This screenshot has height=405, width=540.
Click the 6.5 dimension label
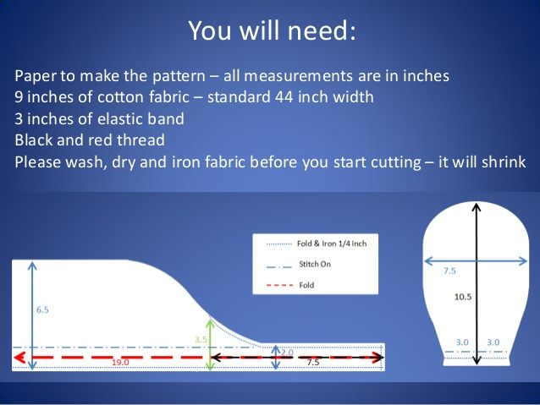pos(42,309)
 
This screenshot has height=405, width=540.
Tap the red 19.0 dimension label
pos(120,363)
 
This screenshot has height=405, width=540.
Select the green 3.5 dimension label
pos(201,340)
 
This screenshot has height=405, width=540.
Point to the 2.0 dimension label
pos(287,353)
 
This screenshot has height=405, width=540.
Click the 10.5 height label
pos(463,297)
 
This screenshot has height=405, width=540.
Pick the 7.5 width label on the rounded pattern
pos(449,271)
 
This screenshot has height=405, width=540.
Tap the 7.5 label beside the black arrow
pos(313,363)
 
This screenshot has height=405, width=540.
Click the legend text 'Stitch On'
pos(315,265)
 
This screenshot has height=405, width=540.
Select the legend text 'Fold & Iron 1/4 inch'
pos(332,244)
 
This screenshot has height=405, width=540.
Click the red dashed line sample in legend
pos(279,285)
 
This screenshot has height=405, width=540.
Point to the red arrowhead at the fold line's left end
pos(19,358)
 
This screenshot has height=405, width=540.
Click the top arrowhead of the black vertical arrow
pos(477,208)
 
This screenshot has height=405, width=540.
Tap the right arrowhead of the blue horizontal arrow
pos(522,261)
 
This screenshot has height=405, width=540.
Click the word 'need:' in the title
pos(322,30)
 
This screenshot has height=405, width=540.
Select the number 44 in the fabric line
pos(284,97)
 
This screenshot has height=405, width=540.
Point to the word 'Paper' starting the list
pos(36,76)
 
